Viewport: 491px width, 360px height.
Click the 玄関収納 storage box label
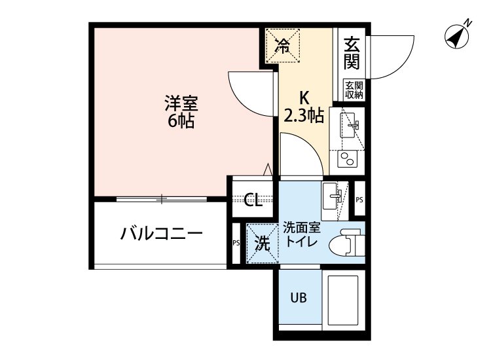coord(354,90)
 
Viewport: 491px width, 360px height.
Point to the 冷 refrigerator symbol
coord(283,45)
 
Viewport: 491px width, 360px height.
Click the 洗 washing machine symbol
coord(261,243)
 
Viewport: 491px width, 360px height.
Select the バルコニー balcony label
coord(160,234)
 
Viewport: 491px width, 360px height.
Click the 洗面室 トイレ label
coord(301,234)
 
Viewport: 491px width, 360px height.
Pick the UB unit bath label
coord(299,298)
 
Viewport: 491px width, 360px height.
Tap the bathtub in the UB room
coord(344,300)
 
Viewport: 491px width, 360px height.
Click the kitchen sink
coord(348,124)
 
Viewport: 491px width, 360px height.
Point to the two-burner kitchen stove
coord(346,158)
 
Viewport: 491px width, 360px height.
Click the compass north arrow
coord(456,35)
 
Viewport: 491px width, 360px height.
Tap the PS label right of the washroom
coord(359,200)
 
